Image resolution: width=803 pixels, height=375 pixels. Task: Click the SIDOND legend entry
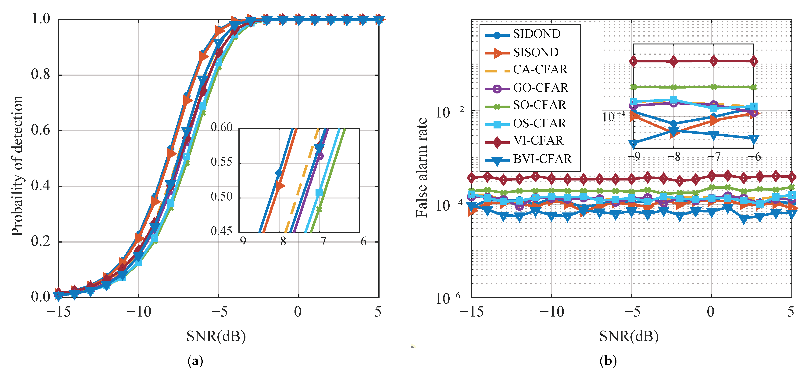coord(537,34)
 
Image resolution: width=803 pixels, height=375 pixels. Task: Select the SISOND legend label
coord(536,52)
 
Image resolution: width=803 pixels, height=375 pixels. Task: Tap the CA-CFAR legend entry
coord(540,69)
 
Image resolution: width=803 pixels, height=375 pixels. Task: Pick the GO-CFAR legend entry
coord(541,88)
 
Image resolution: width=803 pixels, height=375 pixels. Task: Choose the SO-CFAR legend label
coord(540,105)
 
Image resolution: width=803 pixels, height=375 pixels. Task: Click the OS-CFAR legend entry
coord(540,123)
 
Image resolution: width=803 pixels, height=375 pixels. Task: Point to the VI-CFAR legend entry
coord(538,141)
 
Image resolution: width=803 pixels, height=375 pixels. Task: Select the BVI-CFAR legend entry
coord(542,159)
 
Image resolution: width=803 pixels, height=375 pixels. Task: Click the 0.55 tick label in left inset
coord(221,162)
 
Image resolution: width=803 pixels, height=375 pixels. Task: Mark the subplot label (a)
coord(195,361)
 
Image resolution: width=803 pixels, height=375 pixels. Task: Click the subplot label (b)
coord(608,361)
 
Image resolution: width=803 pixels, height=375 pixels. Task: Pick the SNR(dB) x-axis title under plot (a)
coord(216,336)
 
